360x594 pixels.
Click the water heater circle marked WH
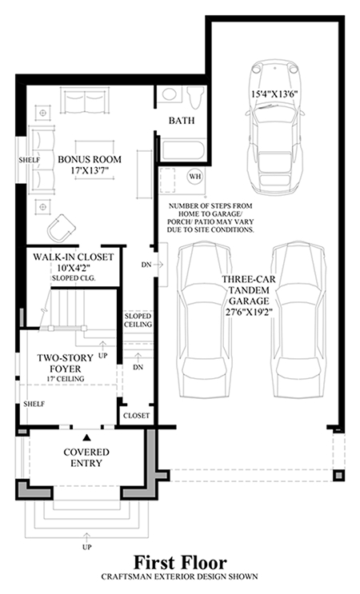[195, 176]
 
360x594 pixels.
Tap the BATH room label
[182, 121]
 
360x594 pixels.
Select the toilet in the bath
[195, 97]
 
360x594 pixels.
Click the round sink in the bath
[170, 94]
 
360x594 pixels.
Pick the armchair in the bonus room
[61, 228]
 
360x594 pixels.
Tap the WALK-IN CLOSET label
[73, 257]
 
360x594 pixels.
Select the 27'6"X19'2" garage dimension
[249, 313]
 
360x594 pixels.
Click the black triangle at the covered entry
[87, 438]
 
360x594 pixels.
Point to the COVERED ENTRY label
[86, 457]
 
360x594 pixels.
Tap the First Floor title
[180, 563]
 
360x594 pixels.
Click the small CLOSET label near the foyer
[137, 416]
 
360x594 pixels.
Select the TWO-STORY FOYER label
[65, 363]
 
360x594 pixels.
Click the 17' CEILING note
[65, 379]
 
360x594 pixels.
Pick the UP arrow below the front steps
[87, 537]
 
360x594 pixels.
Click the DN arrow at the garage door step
[158, 265]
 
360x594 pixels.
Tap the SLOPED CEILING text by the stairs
[138, 320]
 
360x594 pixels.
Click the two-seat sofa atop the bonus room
[85, 101]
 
